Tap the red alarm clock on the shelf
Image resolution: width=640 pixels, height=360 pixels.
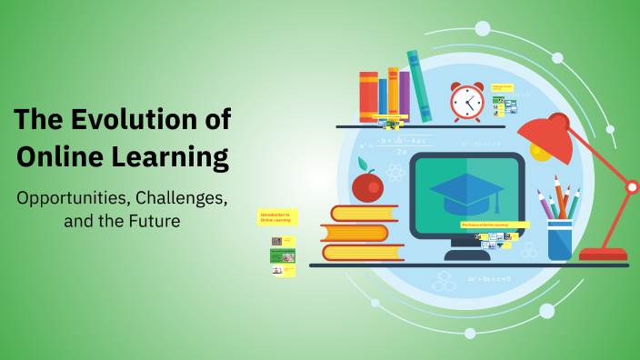pyautogui.click(x=466, y=102)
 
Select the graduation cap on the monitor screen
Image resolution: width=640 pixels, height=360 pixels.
pyautogui.click(x=466, y=192)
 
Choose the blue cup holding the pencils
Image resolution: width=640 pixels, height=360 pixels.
pyautogui.click(x=560, y=239)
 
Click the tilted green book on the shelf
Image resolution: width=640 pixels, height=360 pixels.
pyautogui.click(x=419, y=85)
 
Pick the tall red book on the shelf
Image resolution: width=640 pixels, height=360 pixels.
pyautogui.click(x=367, y=97)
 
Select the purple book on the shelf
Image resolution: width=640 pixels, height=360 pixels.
pyautogui.click(x=404, y=96)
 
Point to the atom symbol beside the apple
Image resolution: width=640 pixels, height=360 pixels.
pyautogui.click(x=395, y=172)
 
